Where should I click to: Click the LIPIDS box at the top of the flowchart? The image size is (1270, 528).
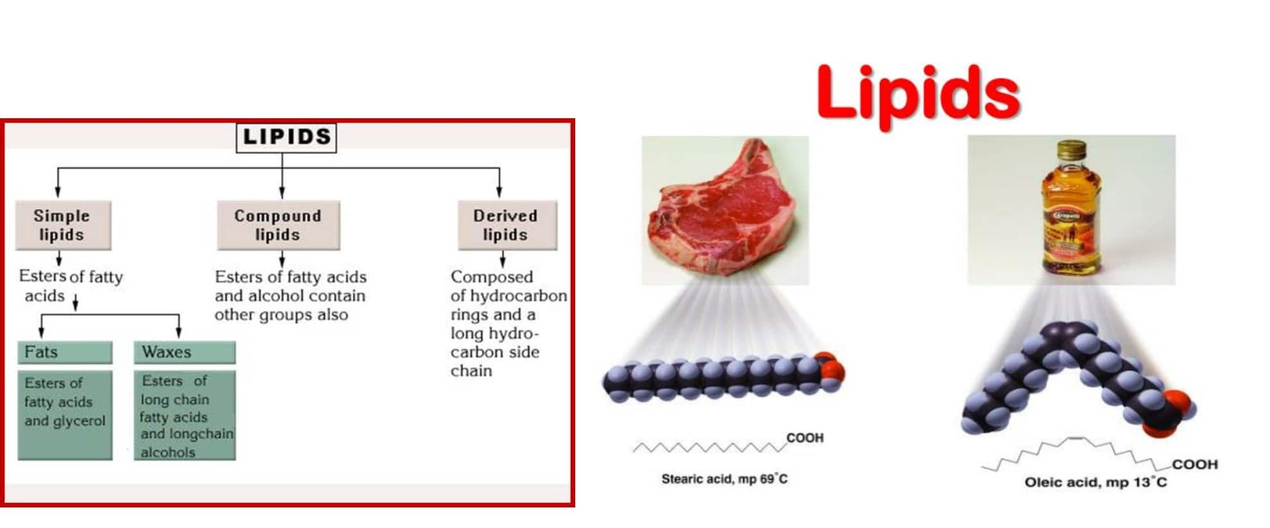286,137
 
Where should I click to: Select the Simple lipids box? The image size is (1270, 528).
62,225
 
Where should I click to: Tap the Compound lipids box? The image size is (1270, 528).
278,225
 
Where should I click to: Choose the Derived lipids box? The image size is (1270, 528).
506,225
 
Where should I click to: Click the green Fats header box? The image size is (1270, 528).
64,352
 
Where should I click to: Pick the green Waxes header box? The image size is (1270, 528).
184,352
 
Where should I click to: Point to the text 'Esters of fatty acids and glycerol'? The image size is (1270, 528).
64,402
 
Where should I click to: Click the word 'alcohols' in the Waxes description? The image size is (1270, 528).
168,452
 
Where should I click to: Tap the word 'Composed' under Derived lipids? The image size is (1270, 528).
492,277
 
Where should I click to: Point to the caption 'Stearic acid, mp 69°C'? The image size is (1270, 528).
724,479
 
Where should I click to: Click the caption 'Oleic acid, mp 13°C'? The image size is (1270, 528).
1095,482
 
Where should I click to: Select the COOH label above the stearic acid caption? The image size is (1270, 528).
805,438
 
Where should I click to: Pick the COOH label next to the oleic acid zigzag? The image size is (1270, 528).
1194,464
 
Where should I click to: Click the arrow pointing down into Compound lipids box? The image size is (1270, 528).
282,189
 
